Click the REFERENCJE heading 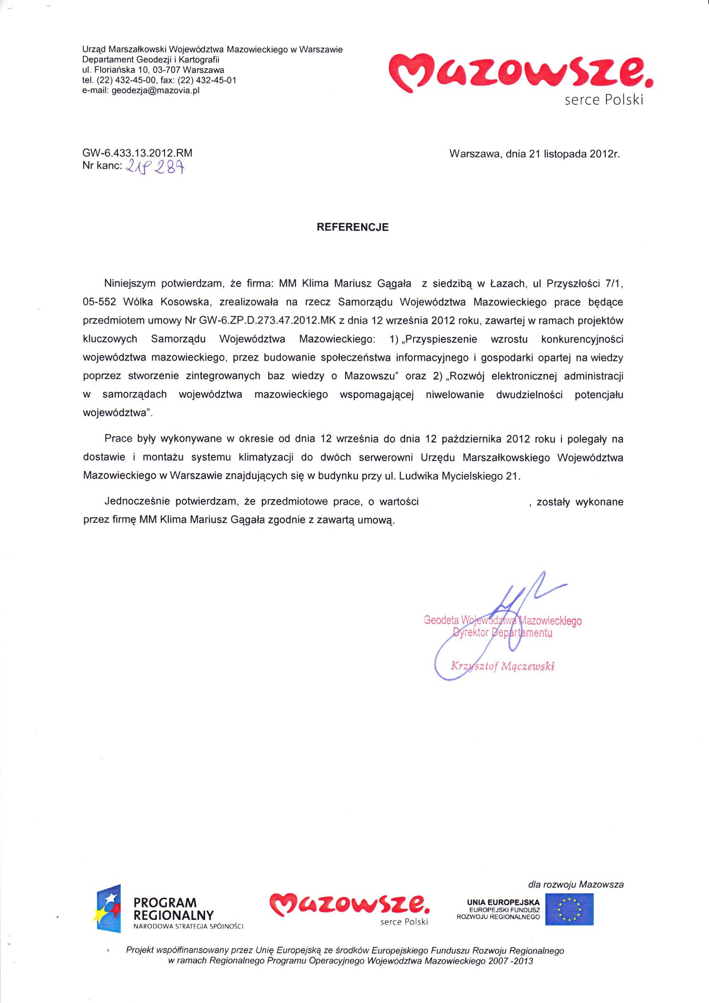(353, 227)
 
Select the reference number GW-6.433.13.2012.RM (137, 153)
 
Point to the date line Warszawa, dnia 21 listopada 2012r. (534, 154)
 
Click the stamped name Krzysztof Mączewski (502, 666)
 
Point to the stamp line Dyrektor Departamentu (502, 633)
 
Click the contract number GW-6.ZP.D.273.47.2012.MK (267, 321)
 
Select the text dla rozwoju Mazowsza (576, 884)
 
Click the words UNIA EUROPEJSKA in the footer (503, 902)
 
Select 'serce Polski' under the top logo (604, 100)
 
